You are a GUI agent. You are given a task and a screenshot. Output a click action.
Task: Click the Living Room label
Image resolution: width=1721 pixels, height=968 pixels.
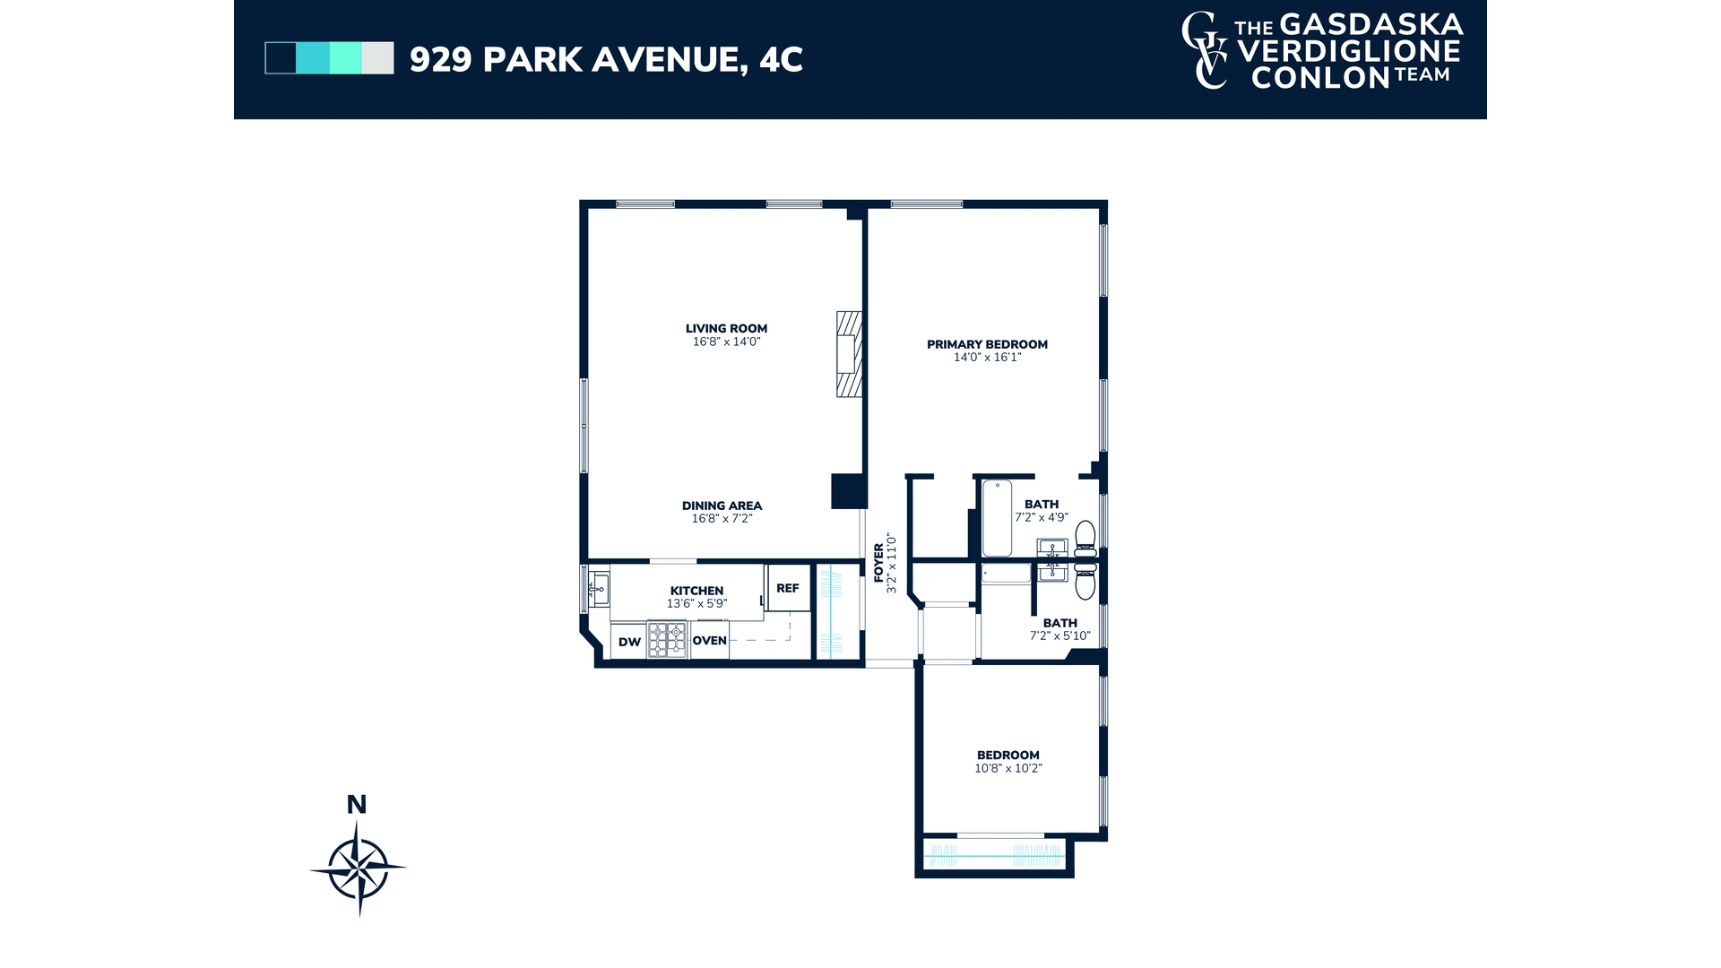click(726, 328)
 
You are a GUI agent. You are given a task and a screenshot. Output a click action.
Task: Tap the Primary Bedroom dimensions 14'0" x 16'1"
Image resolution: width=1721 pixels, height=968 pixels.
click(987, 357)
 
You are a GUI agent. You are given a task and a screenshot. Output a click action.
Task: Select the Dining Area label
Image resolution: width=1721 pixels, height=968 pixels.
click(722, 506)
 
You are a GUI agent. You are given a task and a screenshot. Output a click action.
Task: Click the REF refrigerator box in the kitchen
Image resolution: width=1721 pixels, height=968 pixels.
click(788, 588)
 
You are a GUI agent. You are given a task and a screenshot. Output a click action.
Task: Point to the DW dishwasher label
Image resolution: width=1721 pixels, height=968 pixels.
click(629, 642)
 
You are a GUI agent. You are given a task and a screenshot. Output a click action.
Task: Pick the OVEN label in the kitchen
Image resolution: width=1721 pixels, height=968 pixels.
click(709, 640)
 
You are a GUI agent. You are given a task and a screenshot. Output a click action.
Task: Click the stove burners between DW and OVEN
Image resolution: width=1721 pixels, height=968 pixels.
click(667, 641)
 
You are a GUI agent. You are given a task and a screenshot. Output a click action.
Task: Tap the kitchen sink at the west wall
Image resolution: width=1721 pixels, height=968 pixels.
click(599, 589)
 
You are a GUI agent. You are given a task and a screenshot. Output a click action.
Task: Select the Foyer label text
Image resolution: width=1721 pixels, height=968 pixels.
click(878, 563)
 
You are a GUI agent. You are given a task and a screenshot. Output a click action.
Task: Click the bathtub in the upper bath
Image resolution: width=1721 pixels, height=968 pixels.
click(997, 519)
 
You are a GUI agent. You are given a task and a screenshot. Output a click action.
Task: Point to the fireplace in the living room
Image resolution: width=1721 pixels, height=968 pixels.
click(849, 353)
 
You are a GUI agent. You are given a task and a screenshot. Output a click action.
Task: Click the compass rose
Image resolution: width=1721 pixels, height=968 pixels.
click(359, 868)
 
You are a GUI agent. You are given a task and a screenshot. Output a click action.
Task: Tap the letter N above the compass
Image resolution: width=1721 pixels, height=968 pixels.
click(357, 805)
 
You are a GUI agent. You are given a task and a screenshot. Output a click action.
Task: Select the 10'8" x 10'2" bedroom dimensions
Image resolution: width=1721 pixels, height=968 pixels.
click(1008, 768)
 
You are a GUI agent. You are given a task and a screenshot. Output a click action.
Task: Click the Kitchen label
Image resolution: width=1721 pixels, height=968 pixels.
click(696, 591)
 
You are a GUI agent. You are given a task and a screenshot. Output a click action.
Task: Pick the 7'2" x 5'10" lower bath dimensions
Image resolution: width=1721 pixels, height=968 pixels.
click(1059, 636)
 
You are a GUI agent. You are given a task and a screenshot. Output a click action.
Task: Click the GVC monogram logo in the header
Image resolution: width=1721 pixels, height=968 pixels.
click(1205, 50)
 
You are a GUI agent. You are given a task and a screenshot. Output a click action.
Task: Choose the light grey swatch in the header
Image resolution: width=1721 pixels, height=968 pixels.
click(377, 58)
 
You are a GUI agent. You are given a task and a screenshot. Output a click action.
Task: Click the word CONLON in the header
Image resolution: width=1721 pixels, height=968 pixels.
click(1320, 78)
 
